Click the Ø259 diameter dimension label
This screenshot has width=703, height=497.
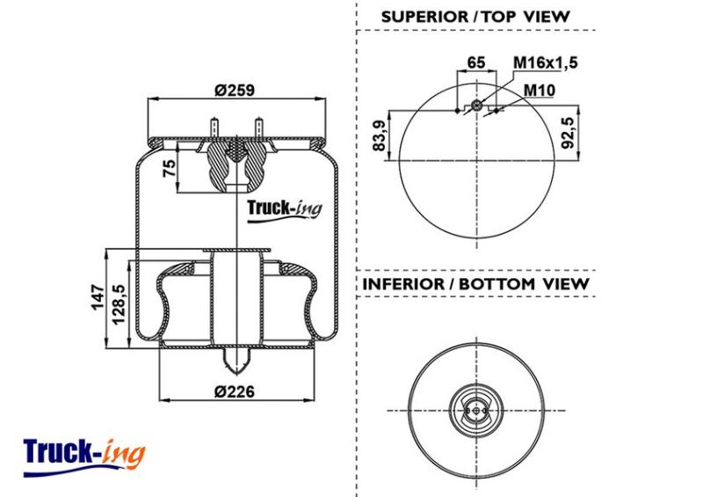(233, 90)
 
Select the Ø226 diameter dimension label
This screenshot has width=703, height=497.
(233, 391)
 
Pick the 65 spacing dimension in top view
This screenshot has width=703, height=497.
(475, 62)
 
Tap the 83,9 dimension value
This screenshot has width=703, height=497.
(380, 134)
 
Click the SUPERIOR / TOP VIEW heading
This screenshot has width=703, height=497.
(475, 17)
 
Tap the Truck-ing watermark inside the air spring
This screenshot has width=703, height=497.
(284, 208)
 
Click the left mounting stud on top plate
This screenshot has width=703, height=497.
(214, 128)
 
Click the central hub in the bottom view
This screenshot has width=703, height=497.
(475, 408)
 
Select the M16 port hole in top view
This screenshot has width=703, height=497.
(476, 106)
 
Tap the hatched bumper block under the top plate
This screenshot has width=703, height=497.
(235, 164)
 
